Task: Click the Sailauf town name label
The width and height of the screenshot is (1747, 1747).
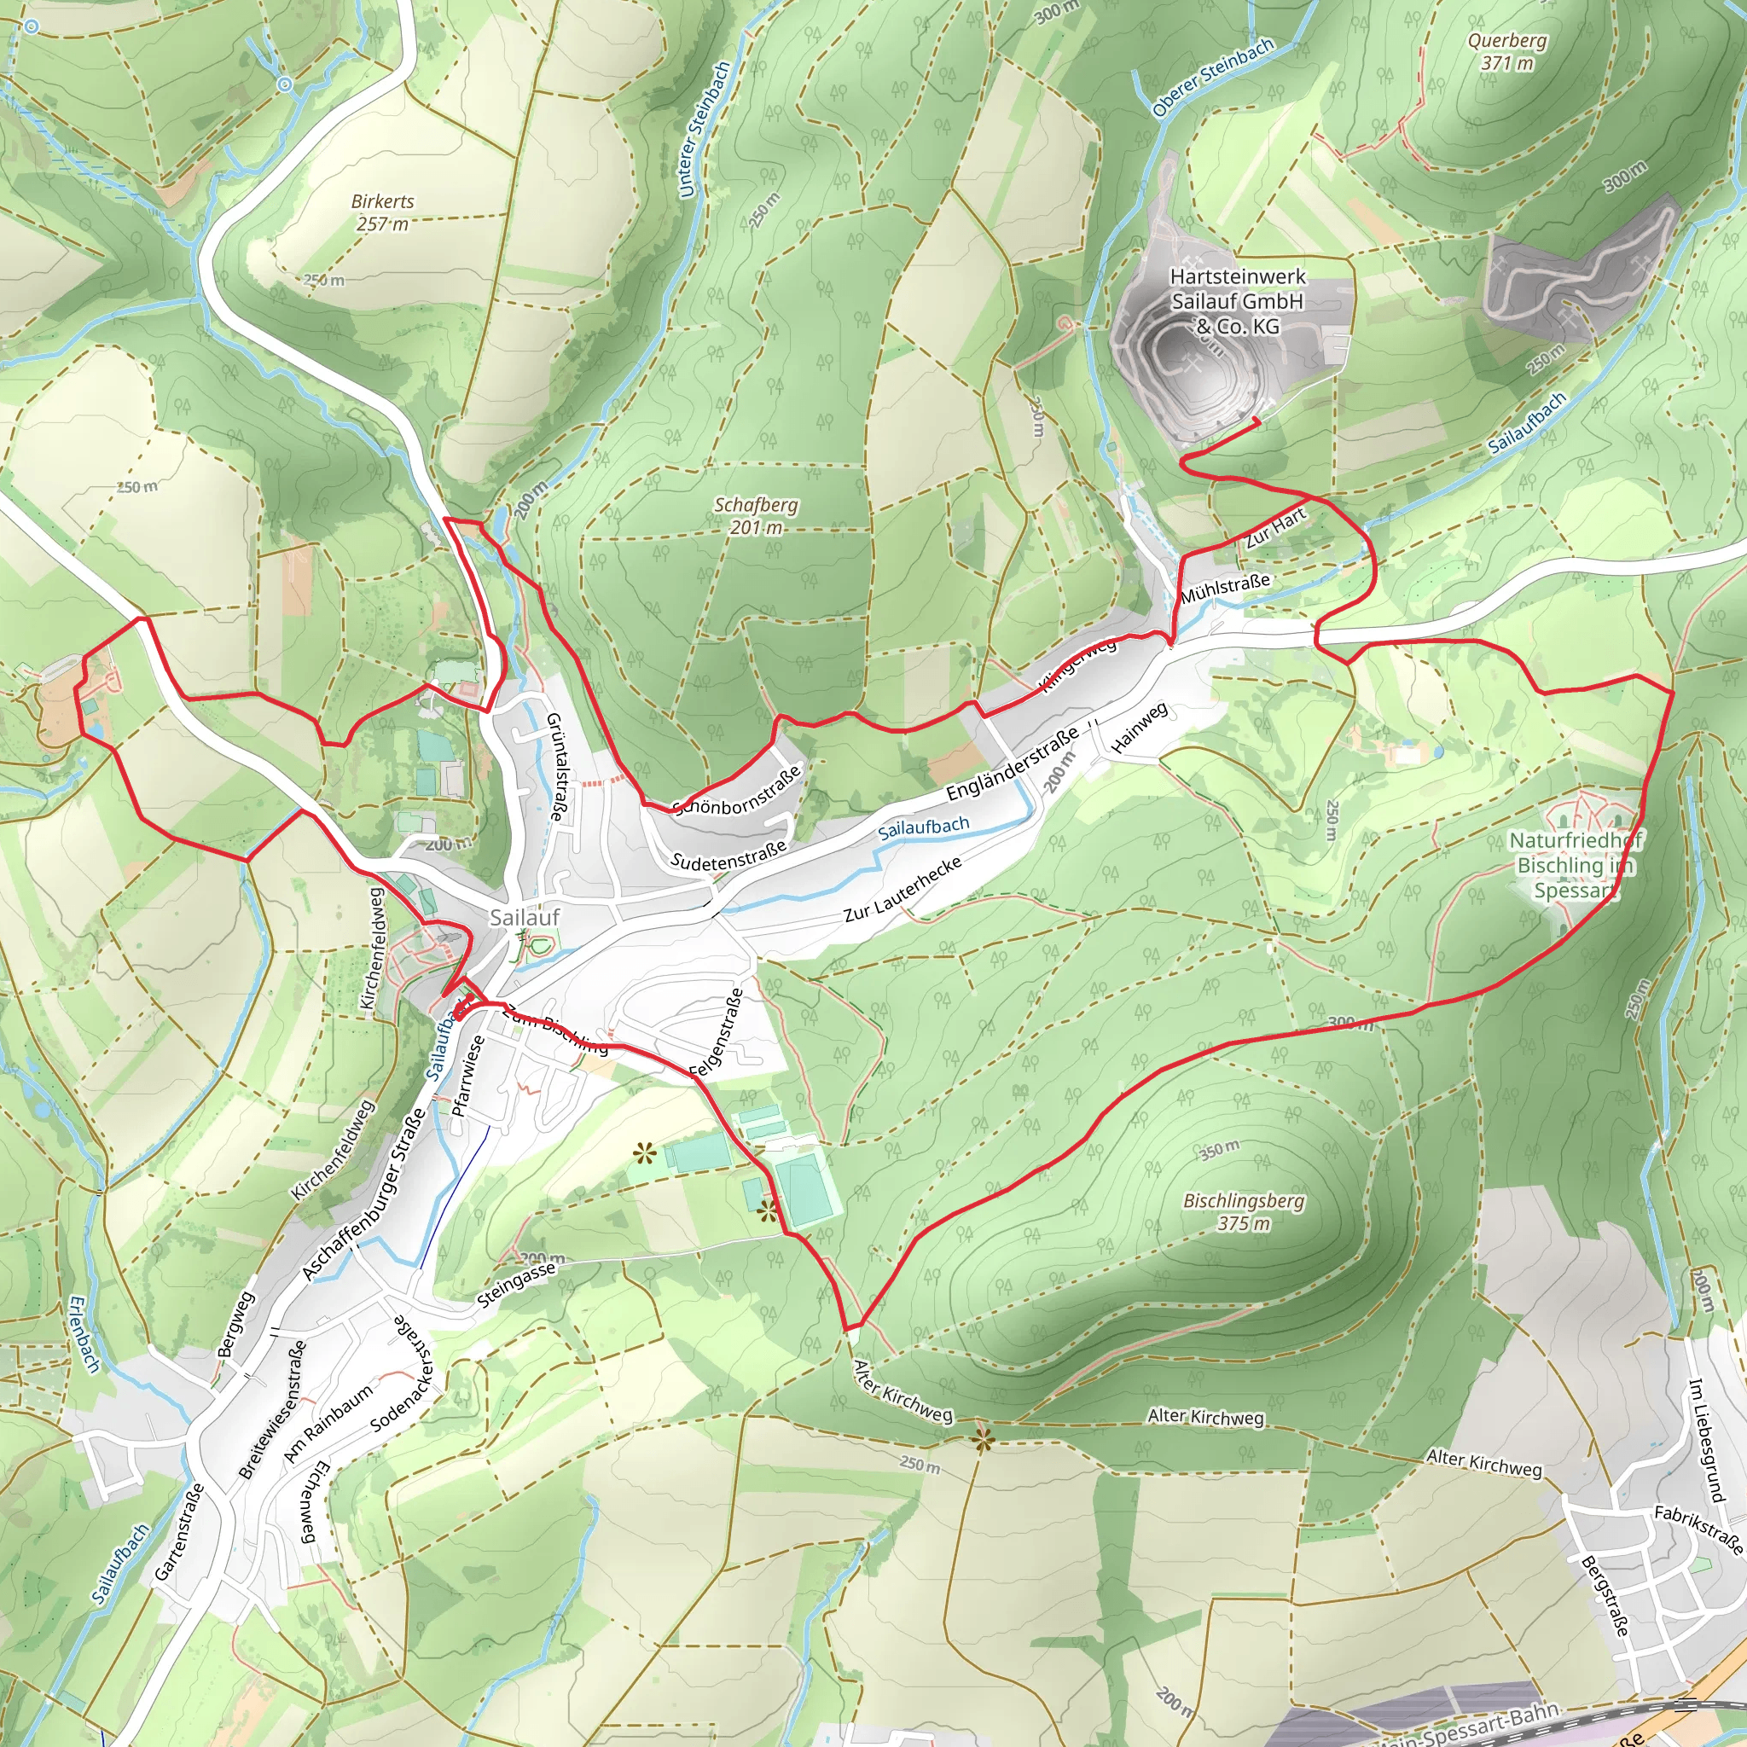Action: (x=525, y=917)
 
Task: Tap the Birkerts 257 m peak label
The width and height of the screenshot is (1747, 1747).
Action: (x=382, y=212)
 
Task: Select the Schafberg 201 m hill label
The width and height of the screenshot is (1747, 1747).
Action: (x=756, y=515)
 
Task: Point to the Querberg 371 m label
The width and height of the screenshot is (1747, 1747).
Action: (x=1506, y=51)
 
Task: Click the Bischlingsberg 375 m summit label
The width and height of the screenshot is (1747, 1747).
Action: (x=1244, y=1211)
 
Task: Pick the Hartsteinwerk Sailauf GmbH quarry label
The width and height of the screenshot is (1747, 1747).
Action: (x=1237, y=301)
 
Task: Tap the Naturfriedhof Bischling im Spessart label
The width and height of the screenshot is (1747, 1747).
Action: (x=1576, y=865)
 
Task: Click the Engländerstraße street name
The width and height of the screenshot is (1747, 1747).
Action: (x=1012, y=764)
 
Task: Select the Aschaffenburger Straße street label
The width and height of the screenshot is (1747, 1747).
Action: (x=363, y=1193)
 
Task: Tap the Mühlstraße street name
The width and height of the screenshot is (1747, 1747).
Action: (x=1224, y=589)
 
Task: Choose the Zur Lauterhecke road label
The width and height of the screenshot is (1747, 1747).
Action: (x=902, y=890)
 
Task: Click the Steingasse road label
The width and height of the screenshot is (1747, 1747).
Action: (x=515, y=1285)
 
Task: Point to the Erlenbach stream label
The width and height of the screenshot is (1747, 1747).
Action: (x=84, y=1335)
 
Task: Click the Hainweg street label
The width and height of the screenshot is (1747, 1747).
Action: (x=1139, y=728)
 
